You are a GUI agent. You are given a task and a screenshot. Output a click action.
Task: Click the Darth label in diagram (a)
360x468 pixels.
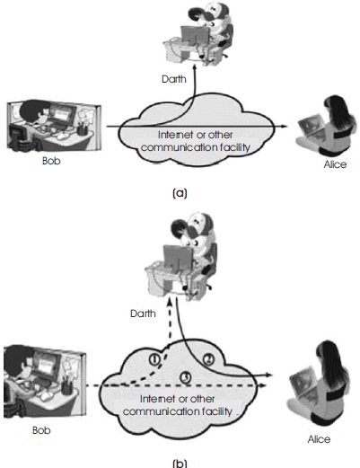[x=174, y=79]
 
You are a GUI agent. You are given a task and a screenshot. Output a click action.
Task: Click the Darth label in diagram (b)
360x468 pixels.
[x=143, y=313]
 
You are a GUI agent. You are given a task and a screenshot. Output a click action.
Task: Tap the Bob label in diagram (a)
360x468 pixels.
[x=51, y=161]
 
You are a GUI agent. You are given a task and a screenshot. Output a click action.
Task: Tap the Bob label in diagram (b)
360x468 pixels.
[x=41, y=430]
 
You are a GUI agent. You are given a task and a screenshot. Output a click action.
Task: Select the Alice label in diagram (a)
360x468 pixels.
[x=335, y=164]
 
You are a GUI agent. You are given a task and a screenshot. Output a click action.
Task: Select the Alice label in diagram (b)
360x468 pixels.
[x=319, y=439]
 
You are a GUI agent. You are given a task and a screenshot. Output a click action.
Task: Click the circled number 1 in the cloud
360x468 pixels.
[x=154, y=359]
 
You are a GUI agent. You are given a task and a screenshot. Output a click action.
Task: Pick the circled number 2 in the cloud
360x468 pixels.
[x=208, y=359]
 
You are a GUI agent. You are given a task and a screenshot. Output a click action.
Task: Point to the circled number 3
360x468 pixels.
[x=186, y=377]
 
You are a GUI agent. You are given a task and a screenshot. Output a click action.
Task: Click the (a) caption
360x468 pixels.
[x=180, y=193]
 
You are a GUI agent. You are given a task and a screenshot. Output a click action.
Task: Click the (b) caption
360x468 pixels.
[x=180, y=464]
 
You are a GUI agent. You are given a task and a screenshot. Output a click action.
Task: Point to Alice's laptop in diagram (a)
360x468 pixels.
[x=312, y=129]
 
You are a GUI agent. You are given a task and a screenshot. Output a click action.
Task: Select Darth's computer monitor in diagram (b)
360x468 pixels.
[x=178, y=257]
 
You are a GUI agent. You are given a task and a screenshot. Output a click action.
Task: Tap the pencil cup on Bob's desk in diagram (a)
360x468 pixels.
[x=82, y=129]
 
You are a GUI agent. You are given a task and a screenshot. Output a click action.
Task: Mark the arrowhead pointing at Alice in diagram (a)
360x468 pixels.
[x=283, y=127]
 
